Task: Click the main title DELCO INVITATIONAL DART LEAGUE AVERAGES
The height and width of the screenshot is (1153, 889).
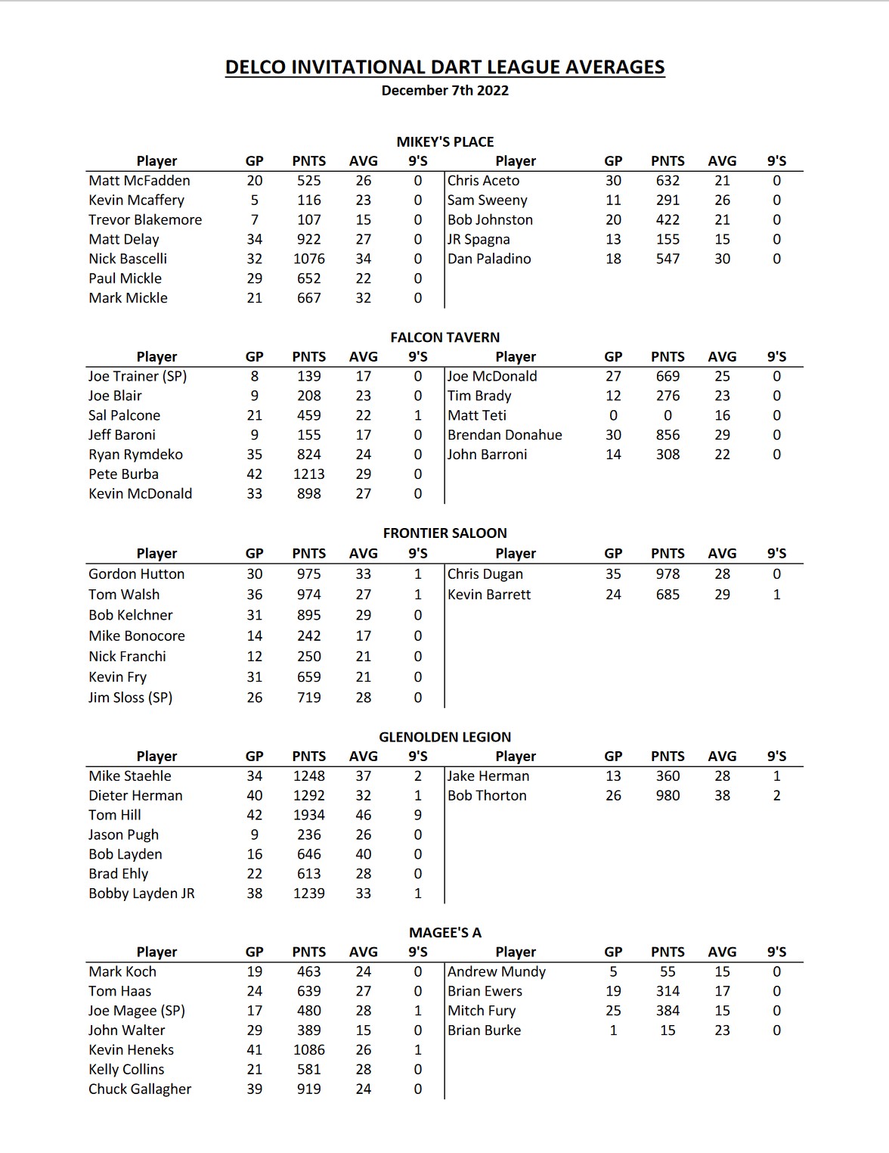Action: [444, 67]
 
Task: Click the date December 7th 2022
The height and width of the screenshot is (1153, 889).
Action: [444, 91]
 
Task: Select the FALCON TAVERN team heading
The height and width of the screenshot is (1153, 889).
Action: [444, 337]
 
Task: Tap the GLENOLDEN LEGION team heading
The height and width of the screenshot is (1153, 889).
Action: [444, 737]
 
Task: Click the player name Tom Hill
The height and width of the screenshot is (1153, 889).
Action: [115, 815]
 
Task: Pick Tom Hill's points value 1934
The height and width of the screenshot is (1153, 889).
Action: [308, 815]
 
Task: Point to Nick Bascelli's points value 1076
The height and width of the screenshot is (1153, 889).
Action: [308, 259]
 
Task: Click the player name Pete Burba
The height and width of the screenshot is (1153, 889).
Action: [123, 474]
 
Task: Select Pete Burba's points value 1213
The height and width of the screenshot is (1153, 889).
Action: [308, 474]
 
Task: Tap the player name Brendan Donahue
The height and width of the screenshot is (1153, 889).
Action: [504, 435]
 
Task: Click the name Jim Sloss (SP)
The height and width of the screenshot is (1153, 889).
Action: [130, 698]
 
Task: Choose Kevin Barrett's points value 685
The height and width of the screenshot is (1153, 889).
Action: [668, 595]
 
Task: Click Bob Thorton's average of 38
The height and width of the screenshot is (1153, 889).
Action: [722, 796]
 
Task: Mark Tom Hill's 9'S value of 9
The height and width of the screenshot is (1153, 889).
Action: [417, 815]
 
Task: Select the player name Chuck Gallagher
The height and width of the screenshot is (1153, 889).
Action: [140, 1089]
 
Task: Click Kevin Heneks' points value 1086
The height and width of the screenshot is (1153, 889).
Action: [308, 1050]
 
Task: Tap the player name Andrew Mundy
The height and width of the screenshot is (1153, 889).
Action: [496, 971]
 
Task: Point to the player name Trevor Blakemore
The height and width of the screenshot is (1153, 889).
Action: [145, 220]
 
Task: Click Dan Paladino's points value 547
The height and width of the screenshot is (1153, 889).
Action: [668, 259]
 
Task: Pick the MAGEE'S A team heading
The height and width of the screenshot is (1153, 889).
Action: [444, 933]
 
